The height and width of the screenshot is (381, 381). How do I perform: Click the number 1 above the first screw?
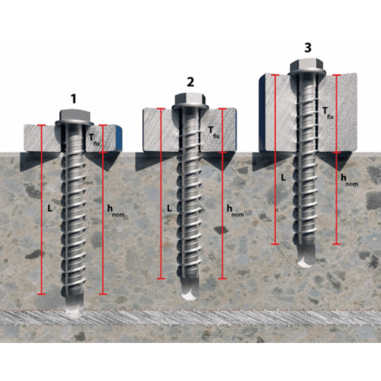coord(73,99)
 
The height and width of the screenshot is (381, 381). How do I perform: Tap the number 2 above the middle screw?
coord(190,82)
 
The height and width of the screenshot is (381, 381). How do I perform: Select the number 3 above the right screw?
coord(308,48)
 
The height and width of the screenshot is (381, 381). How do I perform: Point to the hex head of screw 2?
coord(190,100)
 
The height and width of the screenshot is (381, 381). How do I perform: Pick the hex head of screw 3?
coord(308,67)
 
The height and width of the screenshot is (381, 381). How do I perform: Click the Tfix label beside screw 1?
coord(94,139)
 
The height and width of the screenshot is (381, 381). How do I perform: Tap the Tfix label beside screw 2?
coord(213,132)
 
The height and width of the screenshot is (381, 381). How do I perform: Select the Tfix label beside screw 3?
coord(328,113)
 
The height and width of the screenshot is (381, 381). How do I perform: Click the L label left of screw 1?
coord(50,208)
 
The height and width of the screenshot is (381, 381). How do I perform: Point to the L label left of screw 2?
coord(169,208)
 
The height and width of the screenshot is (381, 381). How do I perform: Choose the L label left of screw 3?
coord(283,178)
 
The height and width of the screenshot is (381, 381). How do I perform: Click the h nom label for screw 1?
coord(115,211)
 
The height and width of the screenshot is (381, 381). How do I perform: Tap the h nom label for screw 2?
coord(235,211)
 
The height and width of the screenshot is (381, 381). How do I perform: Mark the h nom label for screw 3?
coord(349,180)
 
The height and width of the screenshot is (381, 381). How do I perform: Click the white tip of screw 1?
coord(73,312)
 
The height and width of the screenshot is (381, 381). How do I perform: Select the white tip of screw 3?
coord(306,263)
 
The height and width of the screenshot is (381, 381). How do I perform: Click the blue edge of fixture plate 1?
coord(119,137)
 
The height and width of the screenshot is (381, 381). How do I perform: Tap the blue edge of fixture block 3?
coord(261,112)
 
